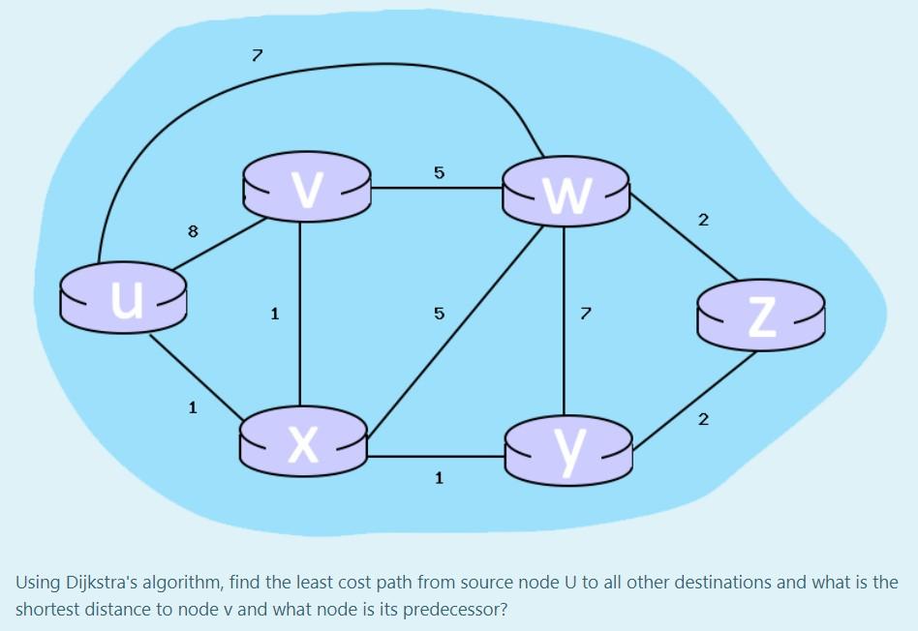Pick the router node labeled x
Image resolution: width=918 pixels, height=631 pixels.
[304, 438]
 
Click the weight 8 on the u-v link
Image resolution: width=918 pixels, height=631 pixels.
[193, 231]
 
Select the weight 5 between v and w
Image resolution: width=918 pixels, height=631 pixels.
[439, 173]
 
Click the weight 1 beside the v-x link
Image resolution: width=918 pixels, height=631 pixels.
[275, 314]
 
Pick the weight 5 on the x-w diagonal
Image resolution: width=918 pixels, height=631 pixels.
[439, 314]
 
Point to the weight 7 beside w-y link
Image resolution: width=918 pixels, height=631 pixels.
[584, 314]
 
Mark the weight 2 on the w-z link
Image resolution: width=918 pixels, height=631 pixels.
[703, 221]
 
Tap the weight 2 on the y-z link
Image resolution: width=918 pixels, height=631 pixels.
[703, 419]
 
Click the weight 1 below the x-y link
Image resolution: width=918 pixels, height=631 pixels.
[439, 477]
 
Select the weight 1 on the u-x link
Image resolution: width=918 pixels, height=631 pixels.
[193, 407]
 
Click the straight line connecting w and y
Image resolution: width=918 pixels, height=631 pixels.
[564, 319]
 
